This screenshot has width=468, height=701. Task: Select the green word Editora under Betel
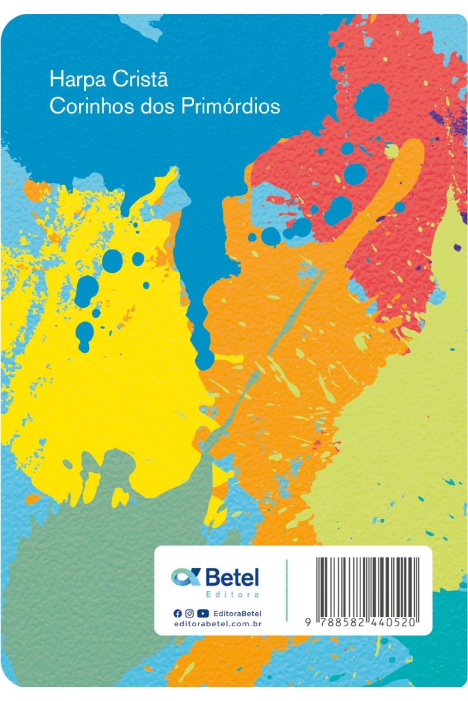point(232,595)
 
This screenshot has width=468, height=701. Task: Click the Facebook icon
point(178,613)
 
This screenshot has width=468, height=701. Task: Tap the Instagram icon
point(190,613)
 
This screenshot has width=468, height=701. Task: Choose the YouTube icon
point(203,613)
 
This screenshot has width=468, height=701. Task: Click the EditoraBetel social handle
point(238,613)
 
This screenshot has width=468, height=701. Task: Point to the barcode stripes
point(365,585)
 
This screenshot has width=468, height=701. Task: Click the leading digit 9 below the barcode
point(307,623)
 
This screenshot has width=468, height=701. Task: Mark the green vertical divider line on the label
point(287,590)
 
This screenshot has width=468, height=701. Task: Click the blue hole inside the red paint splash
point(370,103)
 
